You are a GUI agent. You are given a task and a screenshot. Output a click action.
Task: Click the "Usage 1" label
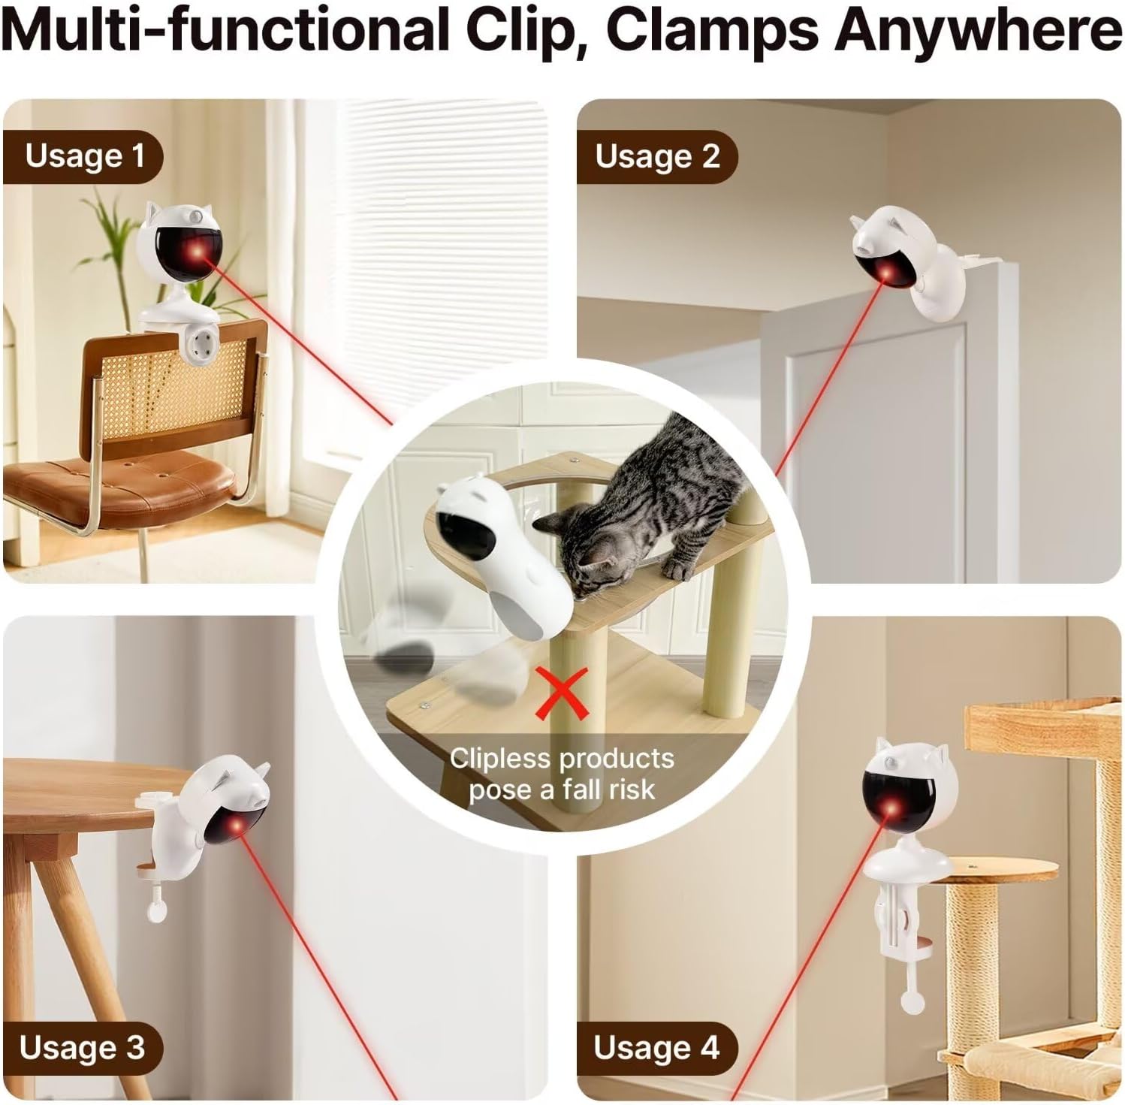(83, 156)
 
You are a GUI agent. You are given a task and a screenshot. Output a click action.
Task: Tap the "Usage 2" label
(657, 156)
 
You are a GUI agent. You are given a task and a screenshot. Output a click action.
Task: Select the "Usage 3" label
(82, 1047)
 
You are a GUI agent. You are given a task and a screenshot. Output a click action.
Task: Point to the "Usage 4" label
(656, 1047)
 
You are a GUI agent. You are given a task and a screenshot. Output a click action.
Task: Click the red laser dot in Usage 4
(891, 811)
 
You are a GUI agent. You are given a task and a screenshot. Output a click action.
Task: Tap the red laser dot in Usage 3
(237, 826)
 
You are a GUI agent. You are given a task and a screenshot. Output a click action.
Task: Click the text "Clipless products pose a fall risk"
(561, 774)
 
